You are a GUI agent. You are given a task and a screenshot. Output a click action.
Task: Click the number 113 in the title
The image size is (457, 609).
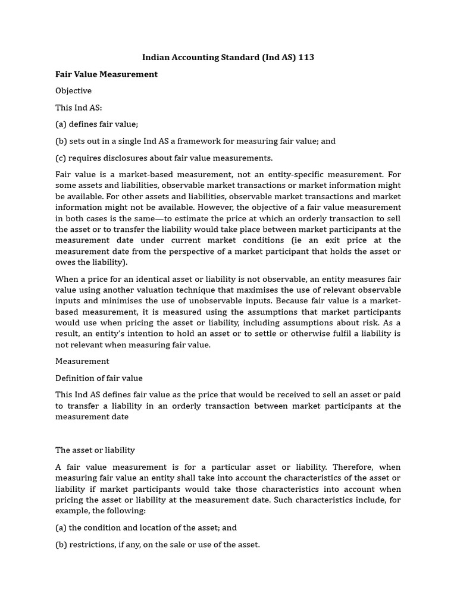click(x=306, y=58)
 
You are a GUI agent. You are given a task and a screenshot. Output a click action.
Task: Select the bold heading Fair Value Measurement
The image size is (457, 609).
click(x=107, y=74)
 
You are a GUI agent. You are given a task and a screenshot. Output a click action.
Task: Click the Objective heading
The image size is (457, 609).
click(x=73, y=91)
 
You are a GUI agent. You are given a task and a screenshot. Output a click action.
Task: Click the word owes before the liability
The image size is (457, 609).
click(x=65, y=262)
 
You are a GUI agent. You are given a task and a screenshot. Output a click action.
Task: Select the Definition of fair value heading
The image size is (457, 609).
click(x=99, y=378)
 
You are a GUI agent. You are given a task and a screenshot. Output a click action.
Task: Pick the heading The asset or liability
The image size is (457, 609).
click(x=95, y=450)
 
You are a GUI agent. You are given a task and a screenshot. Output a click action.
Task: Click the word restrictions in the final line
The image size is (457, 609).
click(x=92, y=544)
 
